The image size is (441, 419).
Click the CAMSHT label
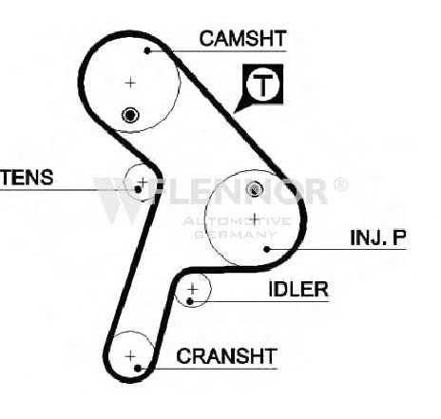(x=242, y=38)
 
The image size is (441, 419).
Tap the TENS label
(x=27, y=177)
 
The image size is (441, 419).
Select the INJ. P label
(x=378, y=238)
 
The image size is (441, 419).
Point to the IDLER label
(x=298, y=289)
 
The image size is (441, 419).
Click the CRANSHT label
(x=227, y=356)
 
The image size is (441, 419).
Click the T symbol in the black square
(x=263, y=85)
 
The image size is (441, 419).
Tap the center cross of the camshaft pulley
(x=130, y=83)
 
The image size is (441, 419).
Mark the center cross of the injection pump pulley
(x=255, y=219)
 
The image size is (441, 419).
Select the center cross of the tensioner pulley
(x=143, y=181)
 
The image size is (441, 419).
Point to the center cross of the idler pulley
(x=192, y=289)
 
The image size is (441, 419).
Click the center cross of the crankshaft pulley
(x=130, y=356)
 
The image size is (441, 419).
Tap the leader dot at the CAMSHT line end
(x=147, y=50)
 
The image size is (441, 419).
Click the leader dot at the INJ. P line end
(x=267, y=250)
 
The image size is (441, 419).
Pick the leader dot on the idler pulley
(x=190, y=301)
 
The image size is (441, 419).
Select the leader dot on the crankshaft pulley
(x=138, y=369)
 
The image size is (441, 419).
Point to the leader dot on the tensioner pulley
(x=138, y=190)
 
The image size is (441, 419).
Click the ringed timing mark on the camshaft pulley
(x=130, y=115)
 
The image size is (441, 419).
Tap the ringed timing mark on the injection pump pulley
(x=255, y=189)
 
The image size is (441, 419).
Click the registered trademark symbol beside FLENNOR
(x=340, y=184)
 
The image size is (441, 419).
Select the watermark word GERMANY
(x=235, y=235)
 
